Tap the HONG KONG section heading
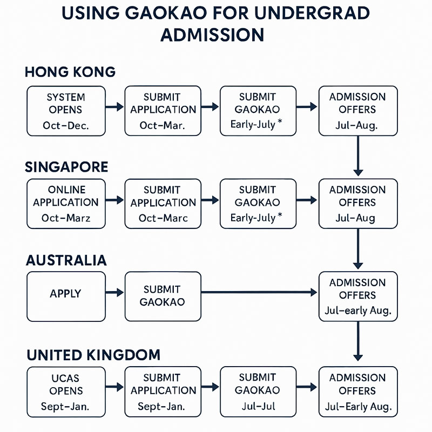click(x=70, y=72)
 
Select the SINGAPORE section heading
click(x=66, y=166)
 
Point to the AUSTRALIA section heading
click(x=66, y=260)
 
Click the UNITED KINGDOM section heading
click(x=93, y=355)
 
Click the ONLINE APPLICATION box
click(x=65, y=203)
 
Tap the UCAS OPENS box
click(x=65, y=390)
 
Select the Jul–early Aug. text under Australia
click(x=358, y=312)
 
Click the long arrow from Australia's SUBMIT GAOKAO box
click(x=259, y=293)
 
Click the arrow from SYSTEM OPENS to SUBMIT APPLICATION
click(x=114, y=108)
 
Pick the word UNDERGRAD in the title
click(x=313, y=13)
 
